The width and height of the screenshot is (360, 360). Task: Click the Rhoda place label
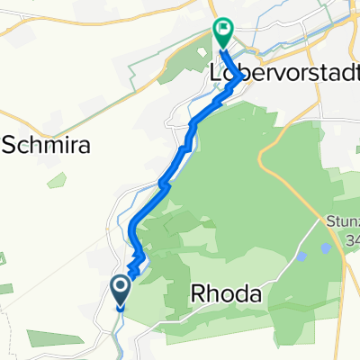point(227,294)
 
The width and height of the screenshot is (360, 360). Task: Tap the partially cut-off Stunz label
point(343,222)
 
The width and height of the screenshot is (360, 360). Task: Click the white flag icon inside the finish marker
point(222,30)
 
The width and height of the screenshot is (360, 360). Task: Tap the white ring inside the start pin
point(120,287)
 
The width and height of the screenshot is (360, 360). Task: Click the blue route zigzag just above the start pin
point(134,266)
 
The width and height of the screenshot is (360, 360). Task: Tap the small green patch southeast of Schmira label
point(58,180)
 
